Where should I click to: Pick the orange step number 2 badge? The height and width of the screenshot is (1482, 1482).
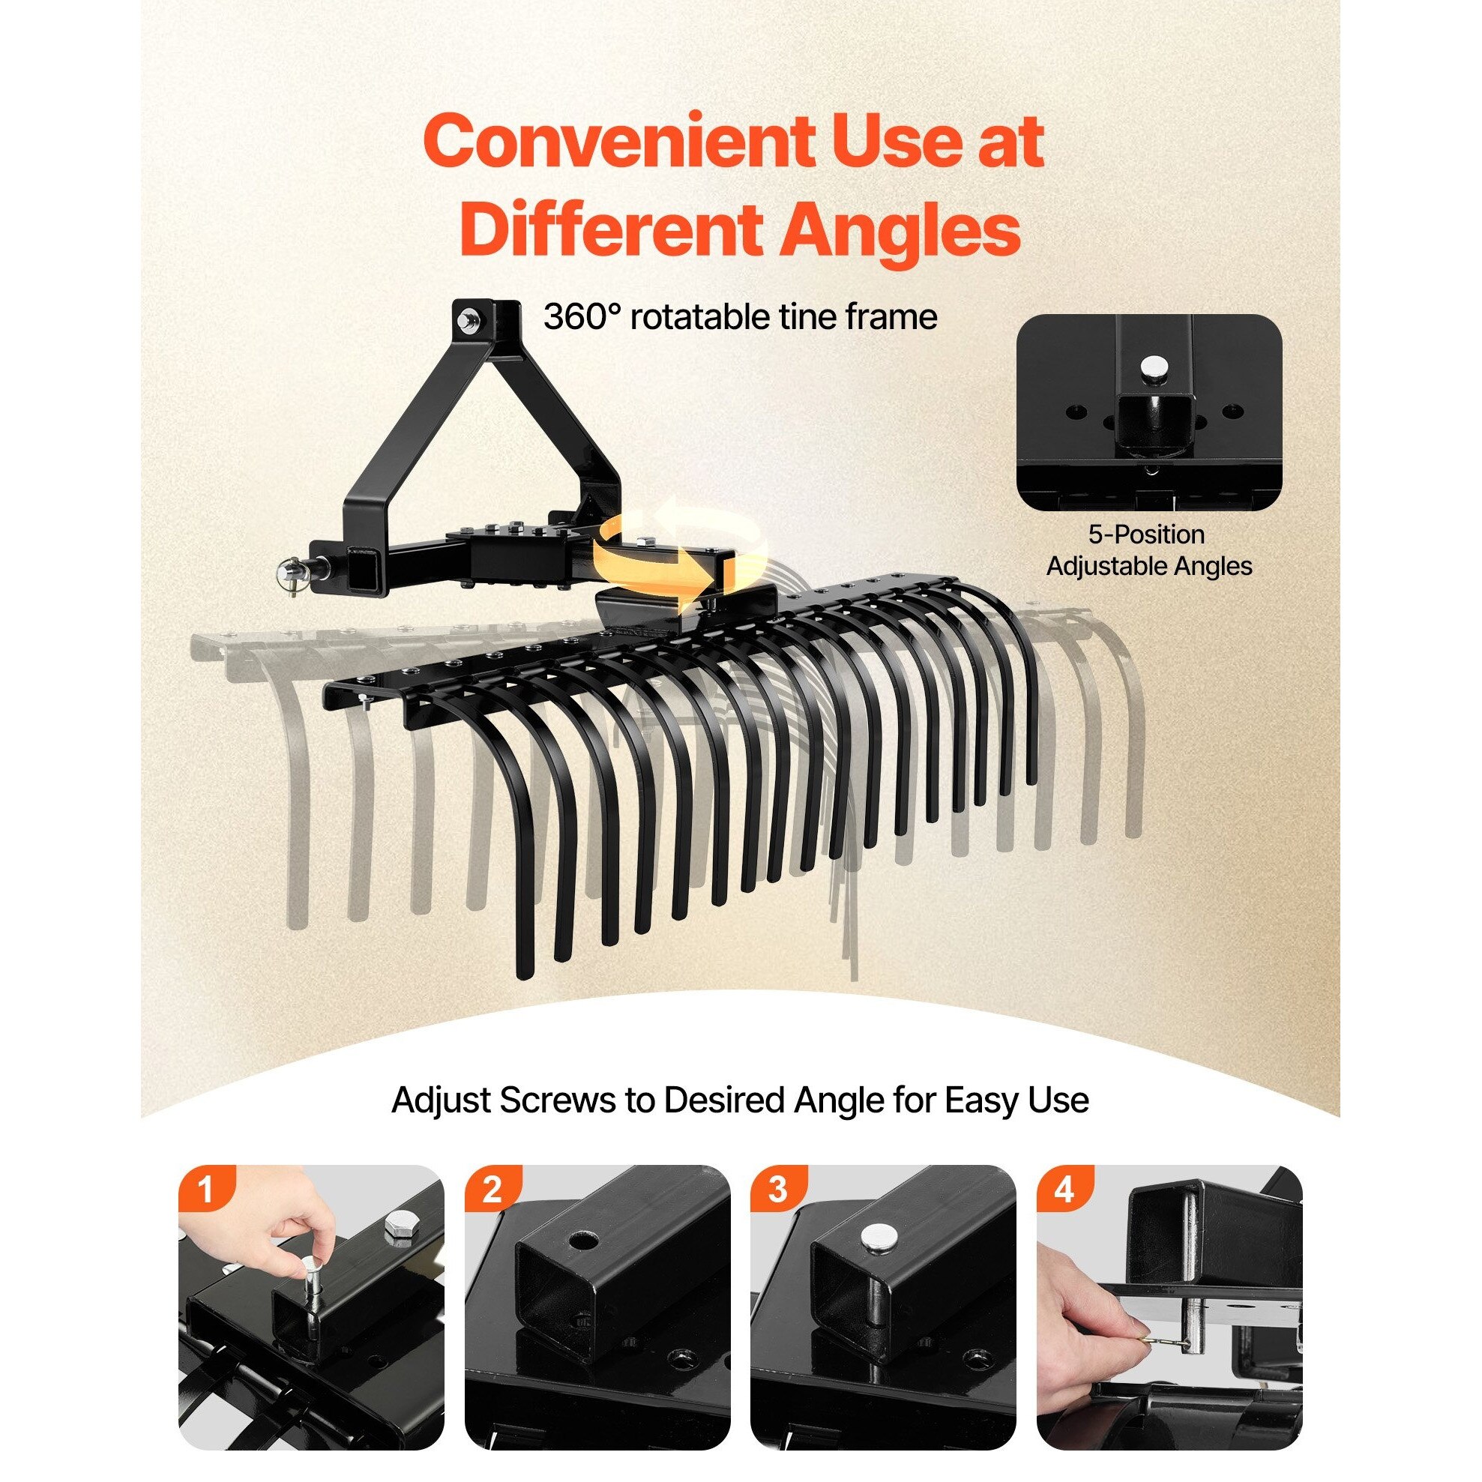pos(492,1188)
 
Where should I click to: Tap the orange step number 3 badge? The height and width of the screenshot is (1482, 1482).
pos(778,1188)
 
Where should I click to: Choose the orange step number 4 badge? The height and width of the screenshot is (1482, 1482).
pos(1064,1188)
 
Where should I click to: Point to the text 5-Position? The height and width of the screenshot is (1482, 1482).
pos(1146,534)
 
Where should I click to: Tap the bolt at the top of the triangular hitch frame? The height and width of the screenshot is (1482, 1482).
pos(465,317)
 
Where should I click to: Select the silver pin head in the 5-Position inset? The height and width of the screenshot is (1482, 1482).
pos(1151,366)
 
